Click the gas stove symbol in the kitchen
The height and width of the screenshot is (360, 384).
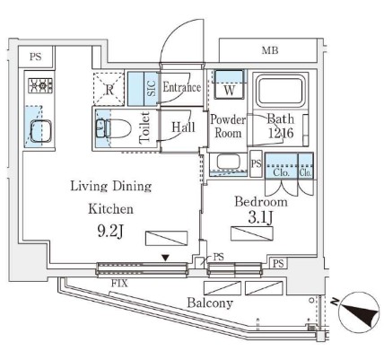point(40,85)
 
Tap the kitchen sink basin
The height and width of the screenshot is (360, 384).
point(40,131)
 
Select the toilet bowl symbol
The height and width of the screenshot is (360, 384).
point(114,128)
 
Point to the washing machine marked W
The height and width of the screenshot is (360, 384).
point(229,84)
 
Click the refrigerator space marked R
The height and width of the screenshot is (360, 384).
point(109,89)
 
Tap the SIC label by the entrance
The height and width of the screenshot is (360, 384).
point(152,88)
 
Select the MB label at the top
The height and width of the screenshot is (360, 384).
point(270,50)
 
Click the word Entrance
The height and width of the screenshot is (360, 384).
point(181,87)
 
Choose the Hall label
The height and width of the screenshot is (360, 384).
point(183,127)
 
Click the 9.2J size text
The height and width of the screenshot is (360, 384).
point(110,231)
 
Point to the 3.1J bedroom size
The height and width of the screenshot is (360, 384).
point(260,218)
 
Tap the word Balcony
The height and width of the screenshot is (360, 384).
point(210,303)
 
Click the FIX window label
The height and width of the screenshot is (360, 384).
point(119,283)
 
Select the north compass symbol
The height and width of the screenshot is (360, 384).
point(359,312)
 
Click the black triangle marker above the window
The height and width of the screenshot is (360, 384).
point(165,258)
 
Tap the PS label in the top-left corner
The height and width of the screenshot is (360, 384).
point(35,57)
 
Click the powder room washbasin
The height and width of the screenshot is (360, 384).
point(229,162)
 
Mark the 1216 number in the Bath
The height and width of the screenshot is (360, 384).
point(281,133)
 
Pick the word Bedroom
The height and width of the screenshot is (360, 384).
point(261,202)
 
